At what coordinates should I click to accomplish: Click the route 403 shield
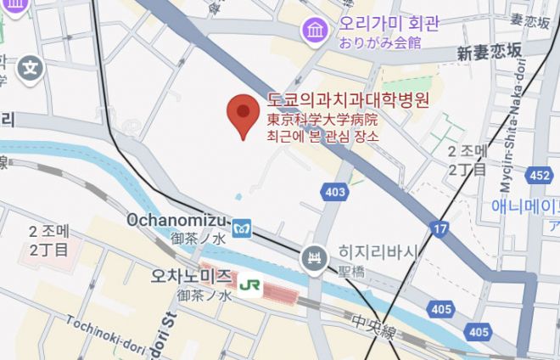pyautogui.click(x=335, y=192)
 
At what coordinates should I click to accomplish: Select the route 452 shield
pyautogui.click(x=538, y=175)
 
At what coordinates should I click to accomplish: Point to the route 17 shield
pyautogui.click(x=439, y=228)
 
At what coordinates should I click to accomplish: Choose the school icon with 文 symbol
pyautogui.click(x=31, y=66)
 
